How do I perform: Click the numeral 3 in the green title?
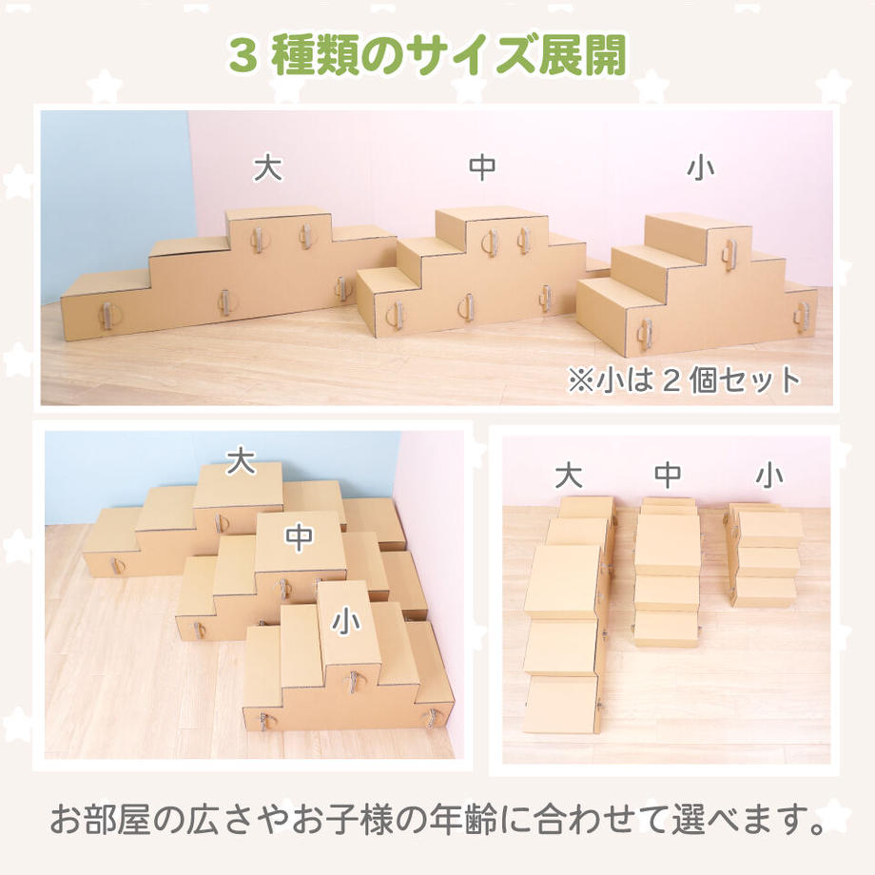[x=242, y=55]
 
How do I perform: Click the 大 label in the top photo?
[x=268, y=169]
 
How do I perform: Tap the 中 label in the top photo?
[x=482, y=168]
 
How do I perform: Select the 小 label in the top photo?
[x=700, y=168]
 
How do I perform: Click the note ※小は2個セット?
[x=684, y=381]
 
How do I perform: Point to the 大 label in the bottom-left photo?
[x=241, y=462]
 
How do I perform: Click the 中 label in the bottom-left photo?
[x=300, y=537]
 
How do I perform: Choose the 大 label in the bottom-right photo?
[x=568, y=474]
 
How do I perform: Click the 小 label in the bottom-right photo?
[x=768, y=473]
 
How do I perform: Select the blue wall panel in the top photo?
[x=114, y=190]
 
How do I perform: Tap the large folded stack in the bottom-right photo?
[x=562, y=618]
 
